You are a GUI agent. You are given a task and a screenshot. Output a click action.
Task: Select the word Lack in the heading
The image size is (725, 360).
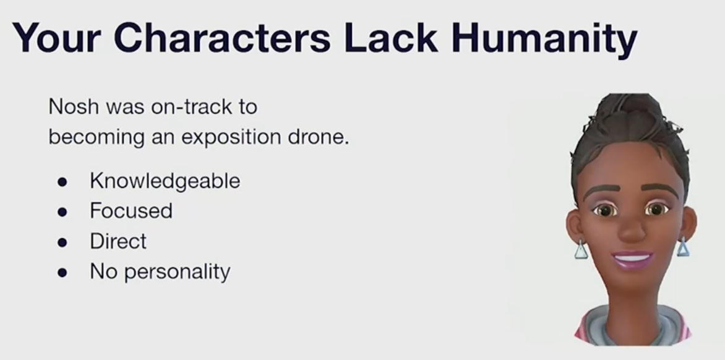[x=391, y=37]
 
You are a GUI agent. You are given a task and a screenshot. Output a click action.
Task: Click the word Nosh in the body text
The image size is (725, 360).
[x=74, y=107]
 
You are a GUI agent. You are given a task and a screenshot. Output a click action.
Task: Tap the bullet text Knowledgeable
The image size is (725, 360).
[x=165, y=181]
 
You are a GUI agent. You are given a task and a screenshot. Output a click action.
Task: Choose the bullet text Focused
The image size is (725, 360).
[x=131, y=211]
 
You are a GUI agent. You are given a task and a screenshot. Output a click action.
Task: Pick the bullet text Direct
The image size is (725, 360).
[x=118, y=241]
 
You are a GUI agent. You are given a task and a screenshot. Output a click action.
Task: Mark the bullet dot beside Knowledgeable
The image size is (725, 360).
[x=62, y=182]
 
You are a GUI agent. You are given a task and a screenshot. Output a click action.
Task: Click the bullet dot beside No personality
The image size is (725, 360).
[x=62, y=273]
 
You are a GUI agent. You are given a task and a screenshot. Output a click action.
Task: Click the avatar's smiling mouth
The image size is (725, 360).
[x=632, y=259]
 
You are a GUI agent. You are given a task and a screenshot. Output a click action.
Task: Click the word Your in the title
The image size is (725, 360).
[x=56, y=38]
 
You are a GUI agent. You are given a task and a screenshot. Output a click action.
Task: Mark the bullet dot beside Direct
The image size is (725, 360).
[x=62, y=242]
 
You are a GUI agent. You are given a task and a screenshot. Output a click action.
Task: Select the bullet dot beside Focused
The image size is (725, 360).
[x=62, y=212]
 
